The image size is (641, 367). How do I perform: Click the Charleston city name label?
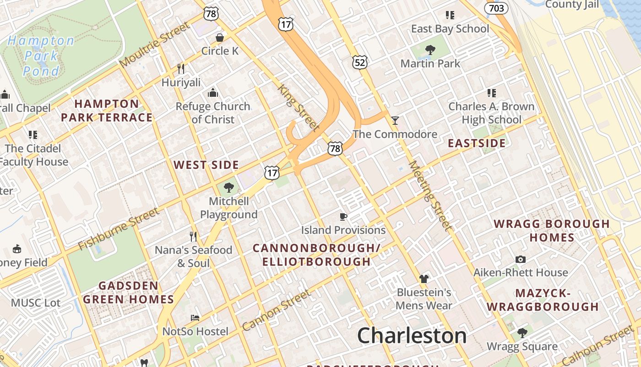(412, 335)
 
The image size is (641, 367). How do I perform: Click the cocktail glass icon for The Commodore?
(395, 121)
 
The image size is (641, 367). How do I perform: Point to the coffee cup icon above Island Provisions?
(343, 217)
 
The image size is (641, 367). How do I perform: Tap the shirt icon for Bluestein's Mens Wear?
(424, 278)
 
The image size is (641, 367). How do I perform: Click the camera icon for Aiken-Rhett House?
(520, 259)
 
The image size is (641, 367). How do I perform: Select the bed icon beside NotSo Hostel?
(195, 318)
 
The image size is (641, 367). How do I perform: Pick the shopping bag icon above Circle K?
(220, 38)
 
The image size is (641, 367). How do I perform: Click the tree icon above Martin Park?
(430, 50)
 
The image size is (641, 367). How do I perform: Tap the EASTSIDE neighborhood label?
(477, 143)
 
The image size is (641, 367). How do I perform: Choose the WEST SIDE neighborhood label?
(206, 165)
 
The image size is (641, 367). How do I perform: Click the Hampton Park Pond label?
(41, 56)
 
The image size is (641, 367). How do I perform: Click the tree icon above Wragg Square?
(522, 333)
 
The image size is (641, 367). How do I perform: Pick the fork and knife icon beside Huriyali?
(181, 69)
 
